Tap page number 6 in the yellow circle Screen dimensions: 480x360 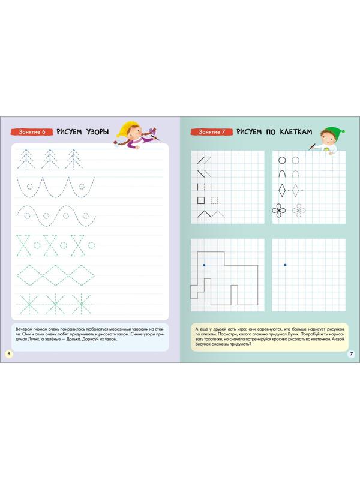[x=8, y=353]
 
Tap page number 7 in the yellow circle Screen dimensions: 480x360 [x=352, y=353]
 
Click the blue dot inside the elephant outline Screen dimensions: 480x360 [x=204, y=265]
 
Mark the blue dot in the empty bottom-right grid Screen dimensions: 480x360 [x=286, y=265]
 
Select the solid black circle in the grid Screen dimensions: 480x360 [x=282, y=160]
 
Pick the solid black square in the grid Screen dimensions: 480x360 [x=201, y=200]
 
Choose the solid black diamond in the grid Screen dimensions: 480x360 [x=282, y=191]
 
